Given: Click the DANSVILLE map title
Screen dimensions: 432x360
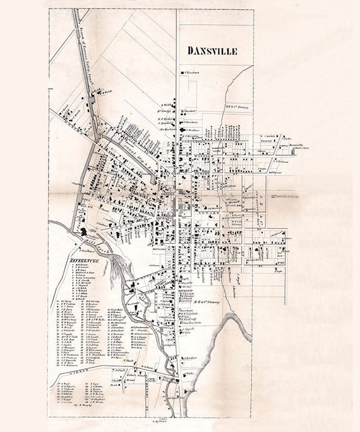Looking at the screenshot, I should pos(213,51).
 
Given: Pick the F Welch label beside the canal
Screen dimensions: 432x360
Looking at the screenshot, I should pos(107,93).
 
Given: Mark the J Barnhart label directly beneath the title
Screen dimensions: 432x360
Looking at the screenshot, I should pos(193,73).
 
